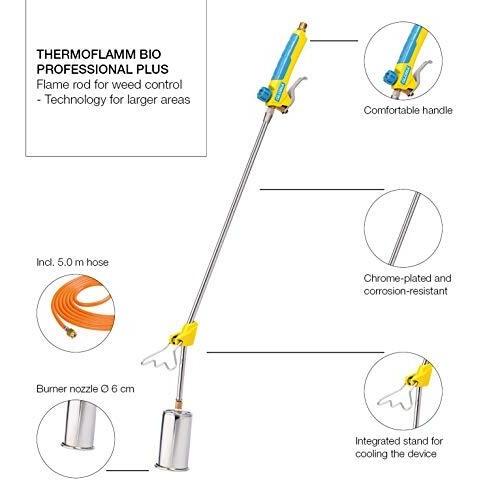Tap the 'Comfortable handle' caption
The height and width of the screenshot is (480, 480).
click(408, 110)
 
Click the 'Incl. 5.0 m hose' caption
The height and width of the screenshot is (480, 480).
click(72, 262)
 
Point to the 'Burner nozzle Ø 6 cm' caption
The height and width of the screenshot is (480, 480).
click(85, 389)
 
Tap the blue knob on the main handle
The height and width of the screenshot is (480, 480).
click(264, 94)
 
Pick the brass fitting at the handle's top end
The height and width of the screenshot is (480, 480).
click(303, 26)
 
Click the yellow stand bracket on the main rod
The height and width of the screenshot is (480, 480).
click(185, 332)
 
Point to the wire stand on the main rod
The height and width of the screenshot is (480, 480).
click(161, 358)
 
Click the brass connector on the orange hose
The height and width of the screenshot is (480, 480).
click(71, 332)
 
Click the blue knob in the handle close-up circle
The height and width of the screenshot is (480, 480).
click(389, 78)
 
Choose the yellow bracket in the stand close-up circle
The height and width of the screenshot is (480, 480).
click(419, 375)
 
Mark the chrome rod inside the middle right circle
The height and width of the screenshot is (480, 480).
click(404, 229)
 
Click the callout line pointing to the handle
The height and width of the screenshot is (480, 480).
click(334, 41)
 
